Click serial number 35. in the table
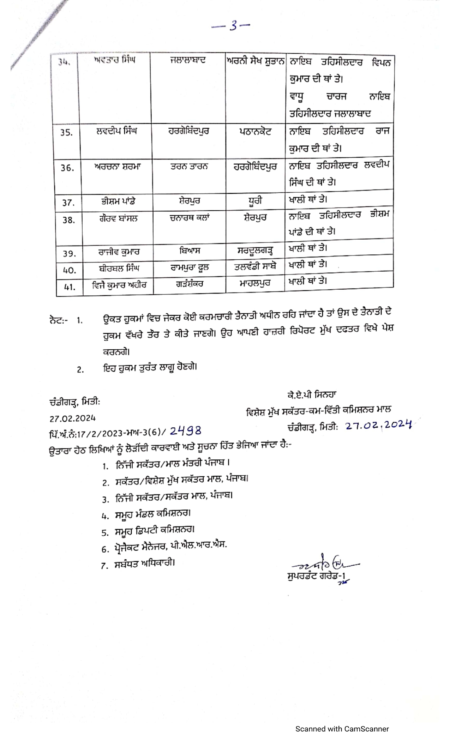pyautogui.click(x=66, y=133)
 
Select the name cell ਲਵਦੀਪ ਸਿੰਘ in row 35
pyautogui.click(x=116, y=131)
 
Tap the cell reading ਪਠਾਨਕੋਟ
pyautogui.click(x=255, y=132)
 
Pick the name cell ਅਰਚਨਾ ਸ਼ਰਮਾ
pyautogui.click(x=117, y=167)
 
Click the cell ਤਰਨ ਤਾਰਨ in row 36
pyautogui.click(x=189, y=167)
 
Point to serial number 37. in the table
pyautogui.click(x=68, y=203)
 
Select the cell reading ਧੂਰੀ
pyautogui.click(x=255, y=201)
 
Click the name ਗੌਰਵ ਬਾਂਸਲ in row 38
pyautogui.click(x=118, y=219)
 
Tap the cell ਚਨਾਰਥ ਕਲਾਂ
pyautogui.click(x=190, y=218)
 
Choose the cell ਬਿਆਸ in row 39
pyautogui.click(x=190, y=251)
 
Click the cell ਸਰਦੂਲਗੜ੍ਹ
pyautogui.click(x=255, y=251)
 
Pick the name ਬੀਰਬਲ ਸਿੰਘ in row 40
pyautogui.click(x=119, y=268)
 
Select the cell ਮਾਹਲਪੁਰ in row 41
pyautogui.click(x=255, y=283)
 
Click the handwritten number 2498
pyautogui.click(x=186, y=431)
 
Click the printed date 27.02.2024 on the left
pyautogui.click(x=72, y=418)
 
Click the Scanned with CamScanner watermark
pyautogui.click(x=342, y=729)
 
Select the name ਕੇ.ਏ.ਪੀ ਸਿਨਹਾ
pyautogui.click(x=312, y=395)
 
